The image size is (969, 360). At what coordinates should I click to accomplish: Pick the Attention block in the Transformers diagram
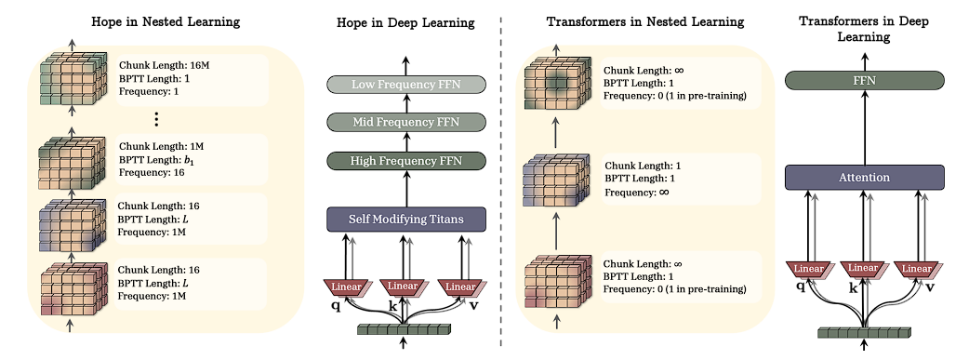866,177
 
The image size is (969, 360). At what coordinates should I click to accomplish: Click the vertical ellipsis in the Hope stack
156,119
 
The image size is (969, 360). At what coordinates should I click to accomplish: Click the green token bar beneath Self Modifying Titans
404,327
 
